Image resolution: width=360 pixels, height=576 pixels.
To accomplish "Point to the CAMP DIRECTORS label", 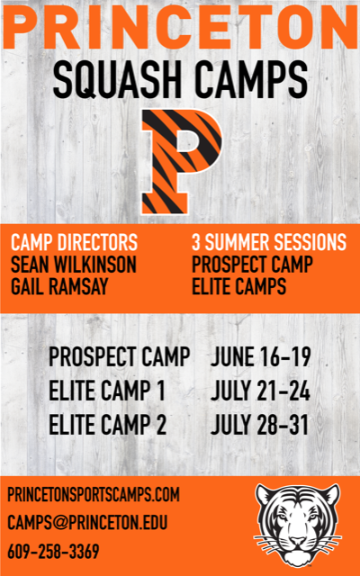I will tap(75, 242).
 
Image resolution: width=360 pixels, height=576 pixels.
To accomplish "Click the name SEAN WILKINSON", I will tap(74, 265).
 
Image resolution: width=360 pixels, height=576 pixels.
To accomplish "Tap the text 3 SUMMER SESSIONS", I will tap(269, 242).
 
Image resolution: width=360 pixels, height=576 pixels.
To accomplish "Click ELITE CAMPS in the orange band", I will tap(239, 287).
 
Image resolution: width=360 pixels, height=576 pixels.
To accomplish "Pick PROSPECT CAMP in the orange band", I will tap(253, 265).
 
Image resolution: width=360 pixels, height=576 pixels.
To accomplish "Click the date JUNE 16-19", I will tap(261, 357).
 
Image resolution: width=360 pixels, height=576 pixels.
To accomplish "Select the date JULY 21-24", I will tap(260, 391).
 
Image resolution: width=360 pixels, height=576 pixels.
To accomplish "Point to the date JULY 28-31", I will tap(260, 425).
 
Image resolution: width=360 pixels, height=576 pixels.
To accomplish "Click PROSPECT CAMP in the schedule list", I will tap(120, 357).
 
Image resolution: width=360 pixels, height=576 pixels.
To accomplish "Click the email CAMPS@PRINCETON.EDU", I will tap(88, 523).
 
